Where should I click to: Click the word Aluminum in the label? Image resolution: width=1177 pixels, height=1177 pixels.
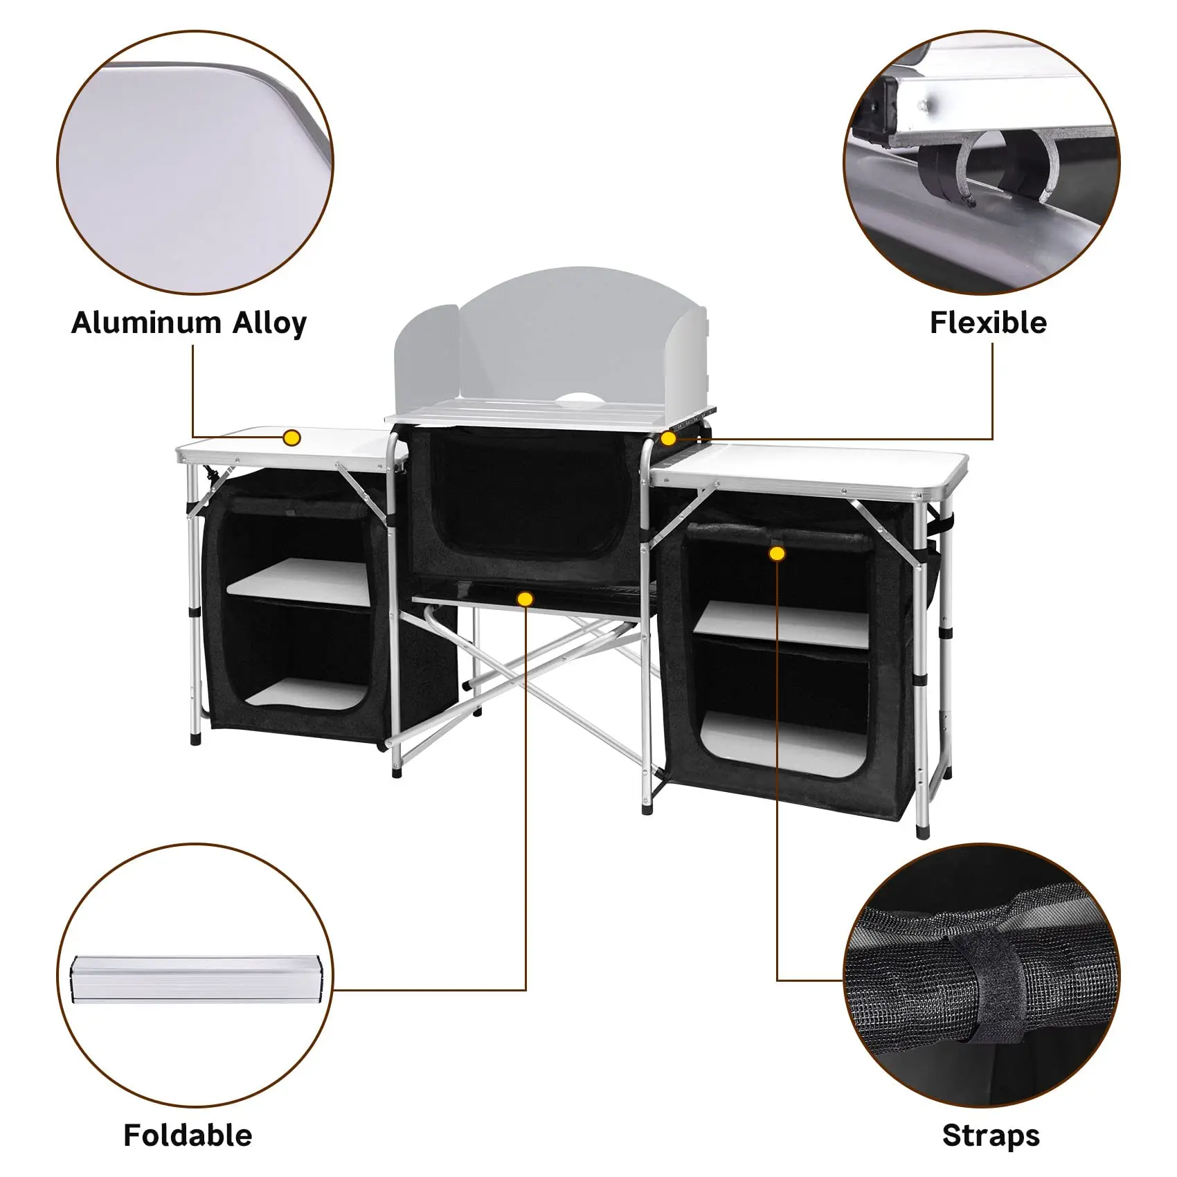(x=145, y=323)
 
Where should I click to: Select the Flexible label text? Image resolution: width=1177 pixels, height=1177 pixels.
(x=988, y=323)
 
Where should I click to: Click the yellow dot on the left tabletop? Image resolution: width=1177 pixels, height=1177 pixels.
(x=292, y=438)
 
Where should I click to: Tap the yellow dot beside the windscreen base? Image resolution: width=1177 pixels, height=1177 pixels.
(x=668, y=438)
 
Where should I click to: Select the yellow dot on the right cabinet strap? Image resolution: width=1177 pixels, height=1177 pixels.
(x=777, y=553)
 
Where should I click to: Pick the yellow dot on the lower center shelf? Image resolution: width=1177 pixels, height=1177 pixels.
(x=525, y=599)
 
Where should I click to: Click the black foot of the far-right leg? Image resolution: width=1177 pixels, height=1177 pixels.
(x=922, y=830)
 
